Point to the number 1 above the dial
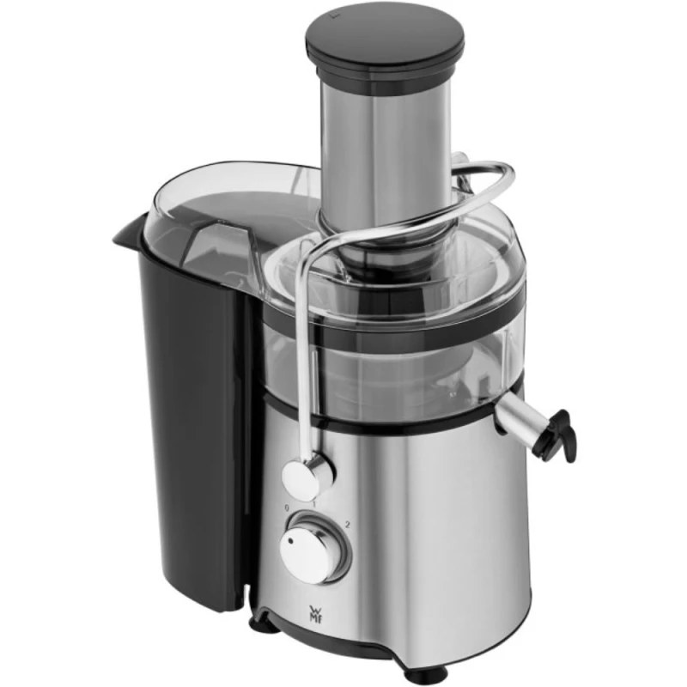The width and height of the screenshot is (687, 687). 314,502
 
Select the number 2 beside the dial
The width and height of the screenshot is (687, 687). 345,525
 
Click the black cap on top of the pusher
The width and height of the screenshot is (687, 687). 385,39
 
